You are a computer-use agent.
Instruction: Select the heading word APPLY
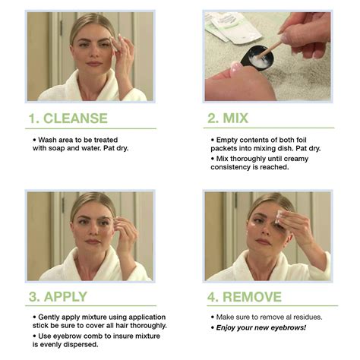point(68,296)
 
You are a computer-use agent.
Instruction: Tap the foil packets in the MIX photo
point(232,27)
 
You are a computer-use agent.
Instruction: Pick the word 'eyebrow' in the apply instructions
point(65,335)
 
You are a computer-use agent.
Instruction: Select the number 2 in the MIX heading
point(213,118)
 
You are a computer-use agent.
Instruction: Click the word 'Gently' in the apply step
point(49,316)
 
